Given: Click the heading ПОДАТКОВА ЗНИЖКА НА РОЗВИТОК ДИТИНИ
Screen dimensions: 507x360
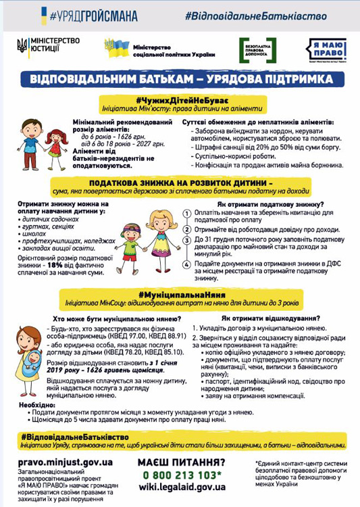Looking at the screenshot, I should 181,183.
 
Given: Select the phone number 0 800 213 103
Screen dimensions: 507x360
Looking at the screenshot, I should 180,474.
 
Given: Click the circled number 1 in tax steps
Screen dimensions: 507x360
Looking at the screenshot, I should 187,214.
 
